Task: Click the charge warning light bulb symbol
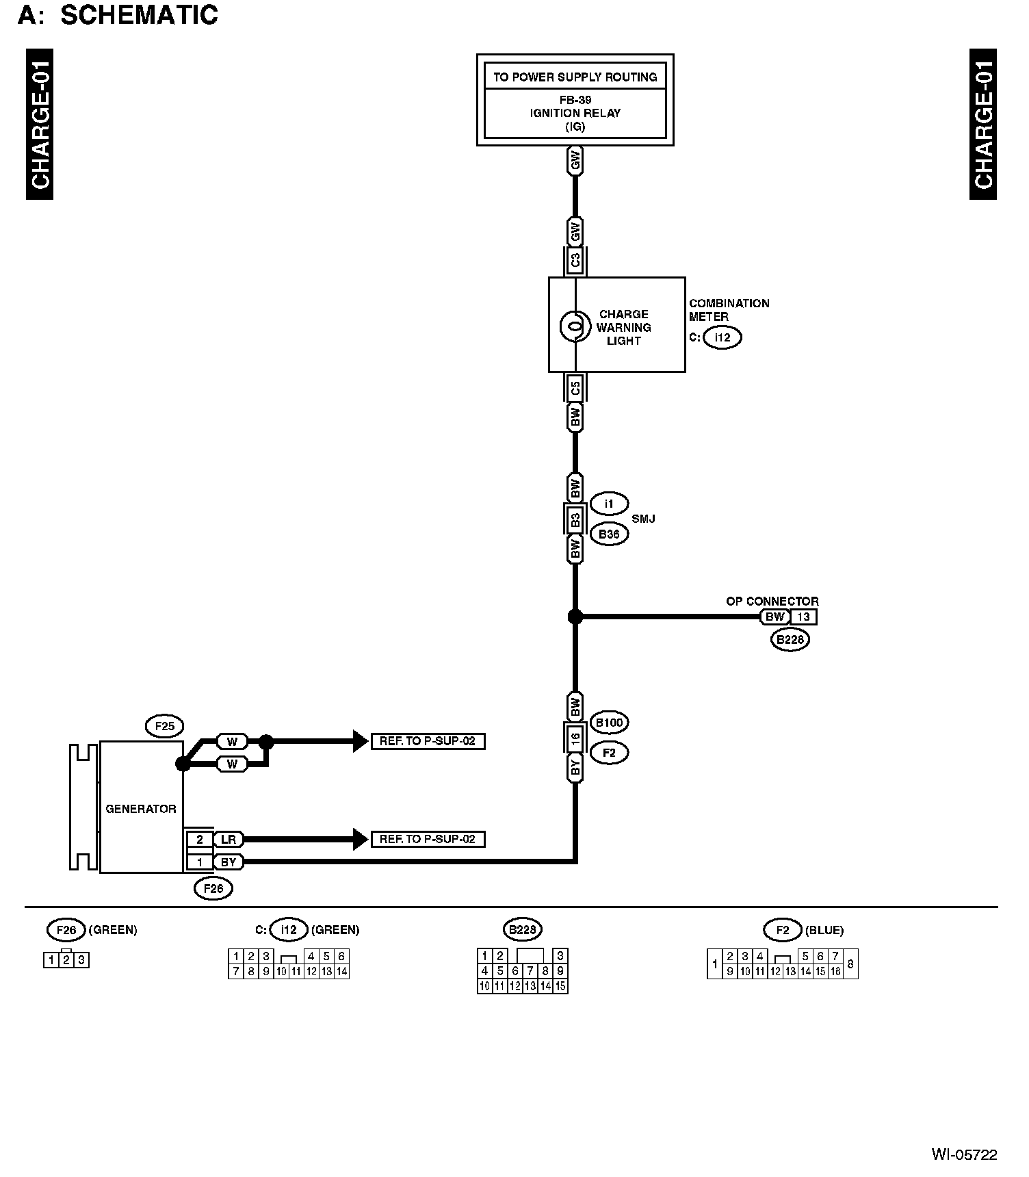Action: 575,326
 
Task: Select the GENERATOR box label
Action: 141,809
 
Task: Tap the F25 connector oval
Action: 165,725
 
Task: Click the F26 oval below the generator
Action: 213,888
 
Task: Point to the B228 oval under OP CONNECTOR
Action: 790,640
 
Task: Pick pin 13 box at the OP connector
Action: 803,617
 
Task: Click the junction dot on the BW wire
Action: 575,617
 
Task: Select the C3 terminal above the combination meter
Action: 575,260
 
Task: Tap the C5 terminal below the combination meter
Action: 575,389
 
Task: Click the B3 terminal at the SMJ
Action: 575,520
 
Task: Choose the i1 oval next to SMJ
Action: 609,504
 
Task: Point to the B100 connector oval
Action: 609,722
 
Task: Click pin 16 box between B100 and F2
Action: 575,739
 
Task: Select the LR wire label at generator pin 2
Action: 228,839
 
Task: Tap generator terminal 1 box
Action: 200,862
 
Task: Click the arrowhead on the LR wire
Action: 360,839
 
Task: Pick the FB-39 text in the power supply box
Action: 575,100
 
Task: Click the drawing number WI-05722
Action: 964,1155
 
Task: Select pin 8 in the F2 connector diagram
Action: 850,964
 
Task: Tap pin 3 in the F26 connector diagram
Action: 81,960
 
